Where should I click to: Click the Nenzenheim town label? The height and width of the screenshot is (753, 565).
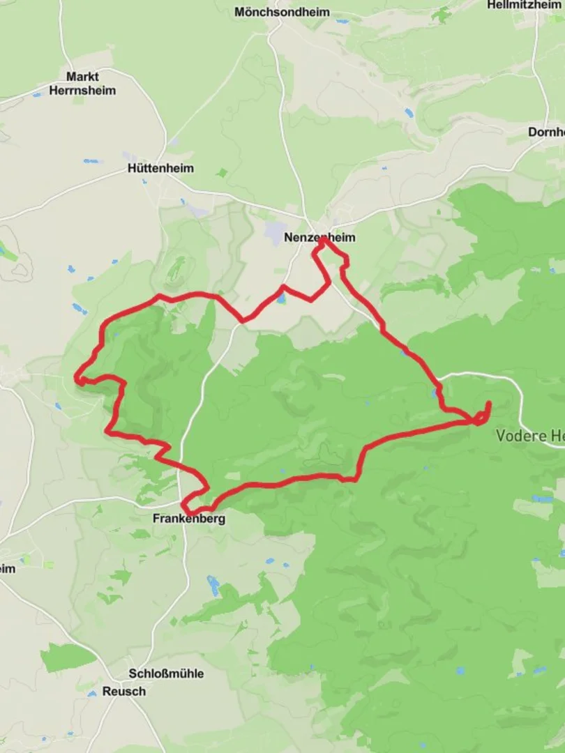click(x=319, y=238)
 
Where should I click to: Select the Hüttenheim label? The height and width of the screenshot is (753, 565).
click(x=161, y=169)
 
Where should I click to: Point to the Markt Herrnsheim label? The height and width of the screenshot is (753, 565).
click(x=82, y=84)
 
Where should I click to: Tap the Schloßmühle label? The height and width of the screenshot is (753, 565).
click(x=166, y=674)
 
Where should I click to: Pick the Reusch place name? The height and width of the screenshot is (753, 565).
click(x=124, y=691)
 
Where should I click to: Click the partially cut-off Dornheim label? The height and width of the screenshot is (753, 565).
click(x=546, y=132)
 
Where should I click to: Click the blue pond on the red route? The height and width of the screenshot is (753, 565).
click(x=280, y=299)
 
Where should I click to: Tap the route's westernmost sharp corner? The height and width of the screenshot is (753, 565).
click(x=78, y=380)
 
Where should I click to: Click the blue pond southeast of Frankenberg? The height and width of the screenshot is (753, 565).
click(x=213, y=584)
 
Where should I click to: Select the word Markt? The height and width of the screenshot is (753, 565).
click(x=82, y=77)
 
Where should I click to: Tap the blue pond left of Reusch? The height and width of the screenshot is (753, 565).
click(x=91, y=694)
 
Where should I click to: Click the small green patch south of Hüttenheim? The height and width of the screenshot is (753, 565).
click(x=222, y=172)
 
